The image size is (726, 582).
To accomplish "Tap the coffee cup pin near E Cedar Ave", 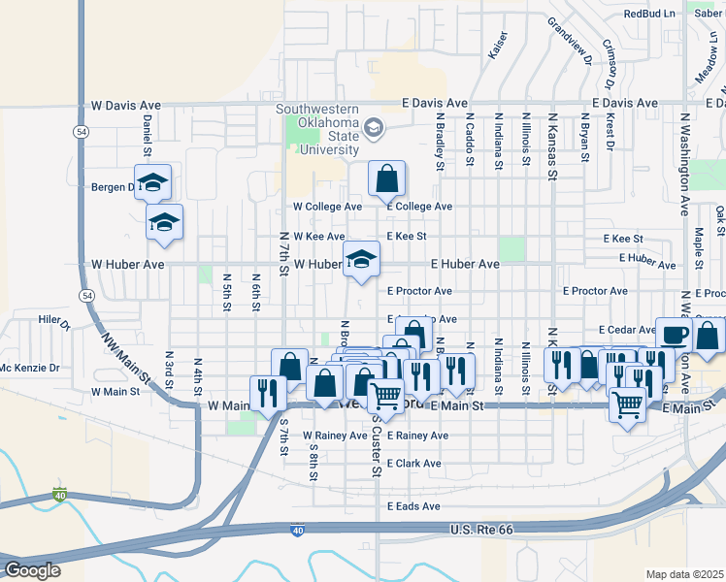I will [x=675, y=335].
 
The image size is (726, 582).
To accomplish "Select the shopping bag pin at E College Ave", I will [x=386, y=178].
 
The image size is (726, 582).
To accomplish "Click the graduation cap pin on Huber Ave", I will [x=361, y=259].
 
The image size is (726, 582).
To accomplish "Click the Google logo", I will [x=32, y=569].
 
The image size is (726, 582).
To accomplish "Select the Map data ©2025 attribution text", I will [x=684, y=574].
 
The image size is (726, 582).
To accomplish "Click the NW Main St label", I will [x=127, y=348].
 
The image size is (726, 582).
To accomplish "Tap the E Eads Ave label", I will [x=413, y=506].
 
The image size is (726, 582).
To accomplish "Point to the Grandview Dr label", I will [x=570, y=41].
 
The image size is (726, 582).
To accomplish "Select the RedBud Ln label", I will [x=649, y=14].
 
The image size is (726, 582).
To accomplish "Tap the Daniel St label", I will [x=148, y=135].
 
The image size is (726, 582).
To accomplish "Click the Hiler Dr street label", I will [x=54, y=319].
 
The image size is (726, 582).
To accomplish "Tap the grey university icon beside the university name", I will [x=374, y=128].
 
